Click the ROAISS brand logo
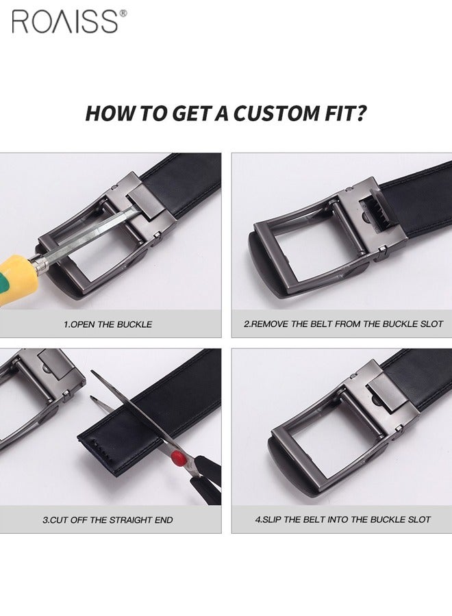(65, 21)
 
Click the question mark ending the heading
(361, 113)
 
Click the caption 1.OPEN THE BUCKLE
(108, 324)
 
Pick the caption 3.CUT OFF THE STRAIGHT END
(108, 519)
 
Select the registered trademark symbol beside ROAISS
(123, 13)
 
